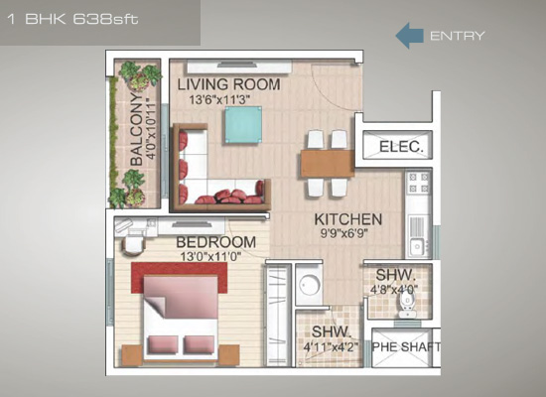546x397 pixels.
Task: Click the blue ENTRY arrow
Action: tap(409, 36)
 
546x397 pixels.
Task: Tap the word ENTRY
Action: tap(458, 36)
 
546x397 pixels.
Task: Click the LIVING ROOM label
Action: tap(228, 84)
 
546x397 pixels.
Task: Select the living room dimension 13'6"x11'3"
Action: tap(219, 100)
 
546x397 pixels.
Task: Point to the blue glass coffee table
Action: tap(243, 124)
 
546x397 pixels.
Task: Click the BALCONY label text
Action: tap(137, 129)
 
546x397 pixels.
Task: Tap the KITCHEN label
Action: tap(347, 219)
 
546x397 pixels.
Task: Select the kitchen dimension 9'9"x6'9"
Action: tap(344, 233)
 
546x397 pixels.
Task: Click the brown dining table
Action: tap(328, 164)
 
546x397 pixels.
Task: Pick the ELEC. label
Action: tap(401, 147)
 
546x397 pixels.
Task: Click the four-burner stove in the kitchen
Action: tap(419, 183)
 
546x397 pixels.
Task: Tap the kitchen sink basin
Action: tap(416, 247)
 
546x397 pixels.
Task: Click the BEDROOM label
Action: tap(215, 242)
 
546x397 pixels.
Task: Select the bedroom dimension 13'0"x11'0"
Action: tap(211, 257)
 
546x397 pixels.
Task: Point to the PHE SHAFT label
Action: tap(406, 346)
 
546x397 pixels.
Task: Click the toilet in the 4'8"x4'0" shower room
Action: tap(406, 304)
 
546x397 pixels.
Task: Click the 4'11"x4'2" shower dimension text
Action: tap(331, 347)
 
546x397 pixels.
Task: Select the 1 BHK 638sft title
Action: tap(72, 19)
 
